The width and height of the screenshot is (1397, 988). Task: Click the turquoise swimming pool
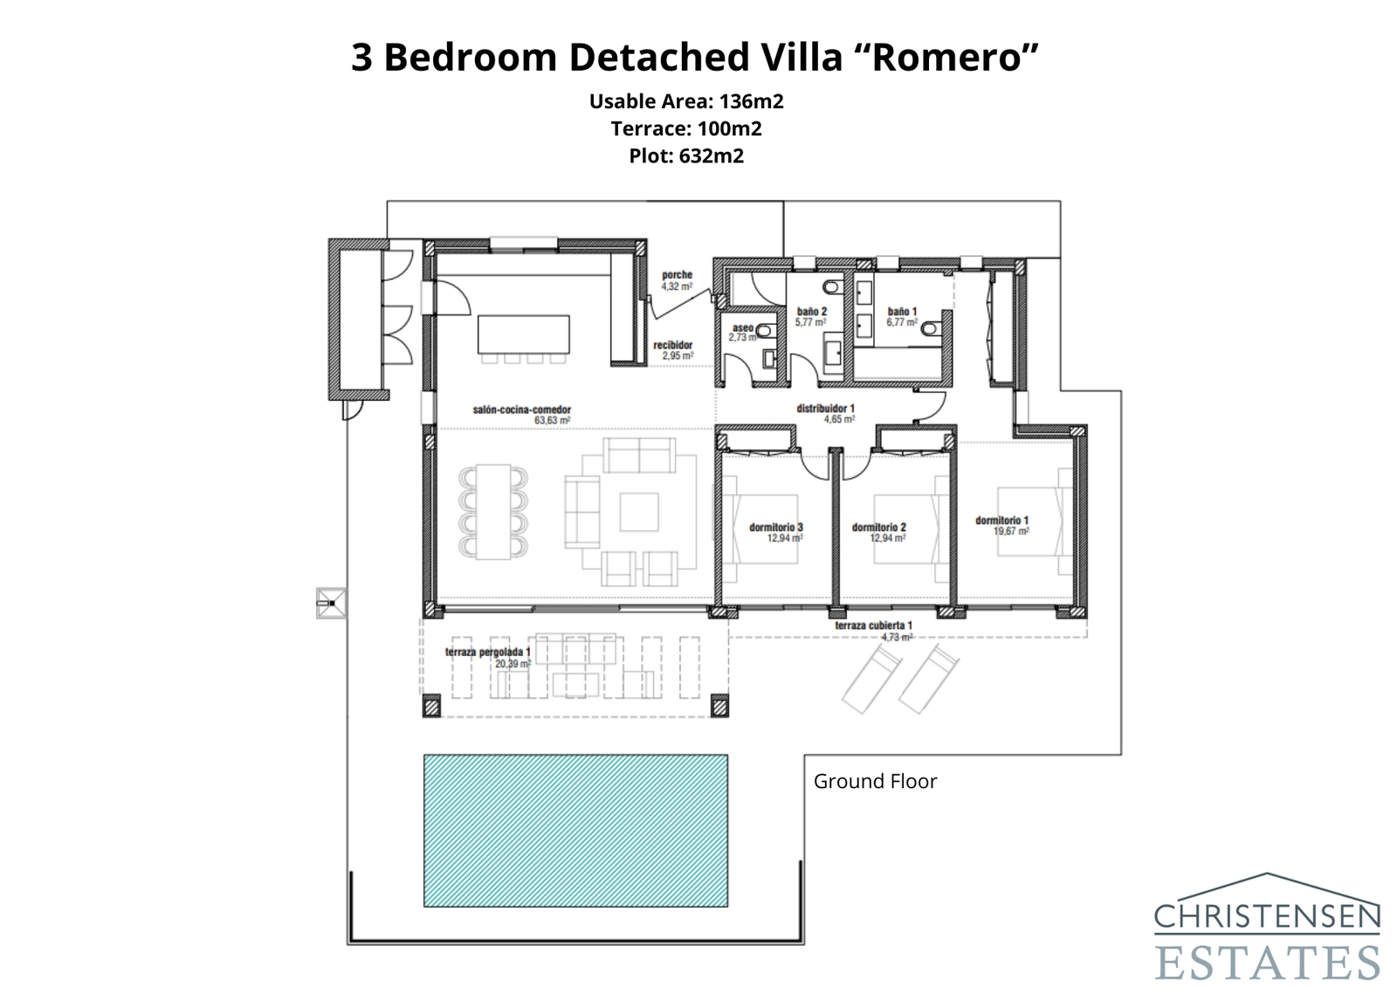(x=575, y=830)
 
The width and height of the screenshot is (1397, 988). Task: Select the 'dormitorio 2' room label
(x=878, y=528)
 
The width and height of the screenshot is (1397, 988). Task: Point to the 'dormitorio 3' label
(x=775, y=528)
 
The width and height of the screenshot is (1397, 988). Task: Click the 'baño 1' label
(x=902, y=312)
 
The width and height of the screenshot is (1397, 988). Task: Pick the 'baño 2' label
(x=811, y=312)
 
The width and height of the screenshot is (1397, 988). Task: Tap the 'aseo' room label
(x=742, y=328)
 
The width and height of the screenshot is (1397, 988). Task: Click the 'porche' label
(x=677, y=275)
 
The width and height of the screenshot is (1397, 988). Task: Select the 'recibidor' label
(x=672, y=346)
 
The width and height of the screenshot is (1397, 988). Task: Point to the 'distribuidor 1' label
(x=825, y=408)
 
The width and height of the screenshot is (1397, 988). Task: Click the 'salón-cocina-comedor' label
(x=522, y=410)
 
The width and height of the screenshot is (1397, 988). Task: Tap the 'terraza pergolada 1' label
(x=487, y=653)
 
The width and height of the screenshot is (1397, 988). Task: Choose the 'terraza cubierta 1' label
(x=873, y=625)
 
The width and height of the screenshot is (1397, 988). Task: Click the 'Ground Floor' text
(x=875, y=781)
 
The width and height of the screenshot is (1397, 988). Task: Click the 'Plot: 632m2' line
(x=686, y=156)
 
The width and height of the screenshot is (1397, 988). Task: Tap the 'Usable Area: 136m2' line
(x=686, y=101)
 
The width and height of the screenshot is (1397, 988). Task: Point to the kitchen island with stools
(x=523, y=335)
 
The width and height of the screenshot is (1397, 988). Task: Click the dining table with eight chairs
(x=494, y=512)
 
